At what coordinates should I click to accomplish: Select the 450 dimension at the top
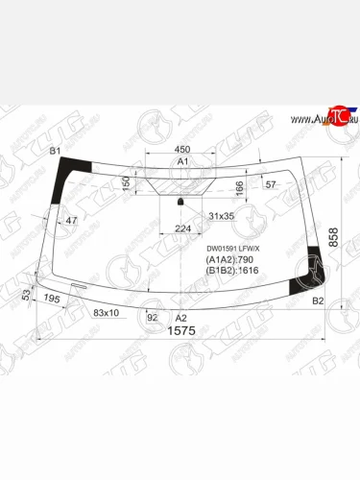[181, 150]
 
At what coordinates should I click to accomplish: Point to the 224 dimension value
[183, 228]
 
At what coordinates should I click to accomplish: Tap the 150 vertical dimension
[126, 182]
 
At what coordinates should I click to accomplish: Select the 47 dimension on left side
[71, 221]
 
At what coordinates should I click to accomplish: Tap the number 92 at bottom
[152, 315]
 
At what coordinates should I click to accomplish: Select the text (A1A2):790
[228, 260]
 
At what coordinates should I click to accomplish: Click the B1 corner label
[55, 152]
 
